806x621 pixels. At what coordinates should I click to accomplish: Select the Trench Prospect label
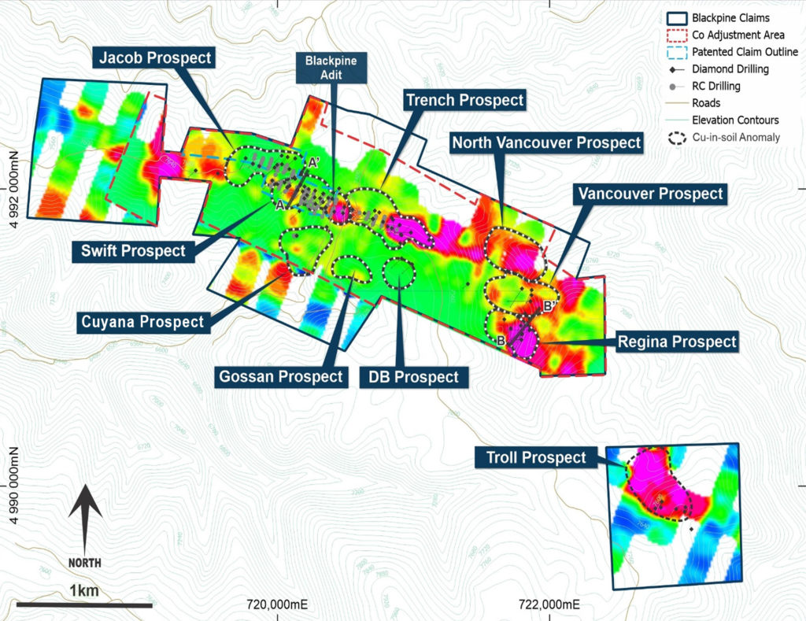[x=464, y=100]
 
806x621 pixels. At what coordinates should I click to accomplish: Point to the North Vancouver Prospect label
[x=545, y=142]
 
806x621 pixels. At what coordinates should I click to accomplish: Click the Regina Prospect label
[x=677, y=342]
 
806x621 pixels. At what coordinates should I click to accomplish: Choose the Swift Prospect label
[x=133, y=251]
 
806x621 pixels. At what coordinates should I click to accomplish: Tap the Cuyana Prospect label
[x=142, y=321]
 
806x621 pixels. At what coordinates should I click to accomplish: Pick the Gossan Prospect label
[x=281, y=377]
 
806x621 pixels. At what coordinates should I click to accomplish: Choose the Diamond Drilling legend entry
[x=730, y=69]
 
